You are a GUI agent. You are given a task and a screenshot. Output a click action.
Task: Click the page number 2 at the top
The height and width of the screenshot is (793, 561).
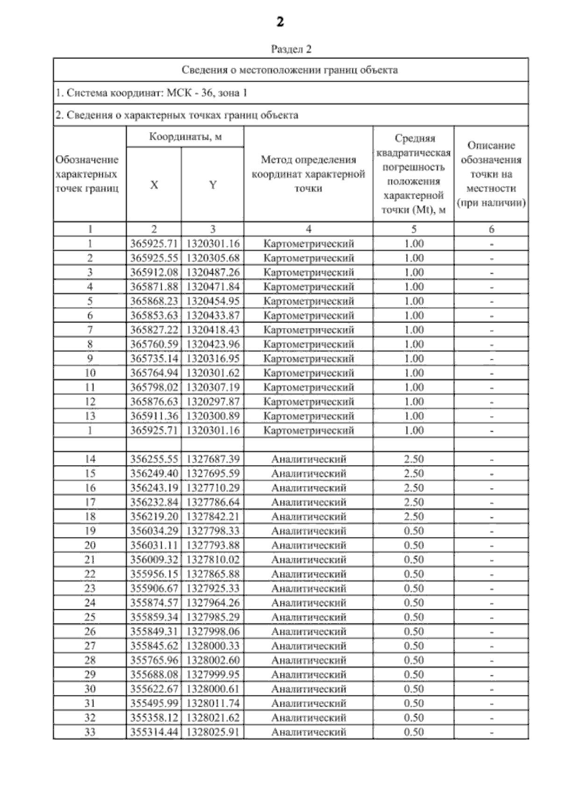coord(280,22)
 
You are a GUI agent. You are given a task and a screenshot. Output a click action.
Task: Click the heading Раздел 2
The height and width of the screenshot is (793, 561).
coord(291,49)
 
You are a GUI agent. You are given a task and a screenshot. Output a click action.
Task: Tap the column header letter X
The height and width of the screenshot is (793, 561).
coord(154,185)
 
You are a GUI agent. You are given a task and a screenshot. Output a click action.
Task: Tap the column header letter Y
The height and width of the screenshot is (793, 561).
coord(213,185)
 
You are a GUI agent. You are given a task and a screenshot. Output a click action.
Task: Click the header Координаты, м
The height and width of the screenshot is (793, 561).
coord(185,137)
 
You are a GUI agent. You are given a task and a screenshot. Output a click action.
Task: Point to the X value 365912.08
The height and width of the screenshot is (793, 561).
coord(154,272)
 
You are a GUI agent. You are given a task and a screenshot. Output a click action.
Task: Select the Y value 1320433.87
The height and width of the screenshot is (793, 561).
coord(213,315)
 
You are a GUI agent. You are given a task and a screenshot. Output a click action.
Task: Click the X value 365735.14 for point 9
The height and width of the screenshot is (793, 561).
coord(154,359)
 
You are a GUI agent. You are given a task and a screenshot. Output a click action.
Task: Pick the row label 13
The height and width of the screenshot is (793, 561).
coord(90,416)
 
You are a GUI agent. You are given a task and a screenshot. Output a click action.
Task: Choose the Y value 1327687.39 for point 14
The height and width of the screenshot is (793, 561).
coord(213,459)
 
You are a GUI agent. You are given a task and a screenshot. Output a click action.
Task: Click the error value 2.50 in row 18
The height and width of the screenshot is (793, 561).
coord(414,517)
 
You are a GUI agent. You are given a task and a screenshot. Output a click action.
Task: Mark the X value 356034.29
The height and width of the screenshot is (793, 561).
coord(154,531)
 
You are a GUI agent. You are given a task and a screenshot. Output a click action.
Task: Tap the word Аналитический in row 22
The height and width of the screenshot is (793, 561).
coord(309,574)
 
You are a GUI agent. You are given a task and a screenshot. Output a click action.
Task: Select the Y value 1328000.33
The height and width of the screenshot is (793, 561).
coord(213,646)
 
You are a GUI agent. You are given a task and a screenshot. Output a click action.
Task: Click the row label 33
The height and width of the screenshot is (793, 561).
coord(90,732)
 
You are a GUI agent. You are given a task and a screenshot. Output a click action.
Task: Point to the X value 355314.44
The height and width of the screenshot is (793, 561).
coord(154,732)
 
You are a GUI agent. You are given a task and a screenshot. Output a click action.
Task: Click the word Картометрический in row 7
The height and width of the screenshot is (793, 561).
coord(309,330)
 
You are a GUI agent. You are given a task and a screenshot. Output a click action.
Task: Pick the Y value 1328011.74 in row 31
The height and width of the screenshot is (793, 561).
coord(213,704)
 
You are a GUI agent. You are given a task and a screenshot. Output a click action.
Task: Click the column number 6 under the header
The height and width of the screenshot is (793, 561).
coord(491,229)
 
